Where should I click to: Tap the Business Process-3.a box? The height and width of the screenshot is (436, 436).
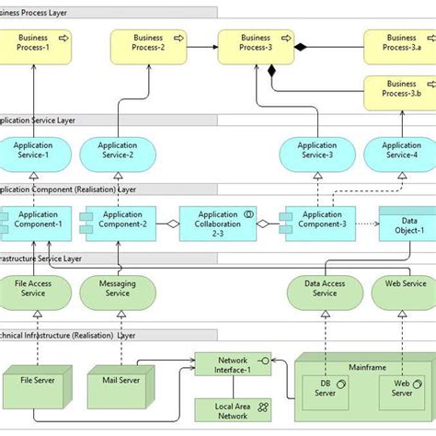(x=401, y=46)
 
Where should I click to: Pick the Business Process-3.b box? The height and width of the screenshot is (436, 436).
(x=401, y=94)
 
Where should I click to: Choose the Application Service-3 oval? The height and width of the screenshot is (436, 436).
(x=316, y=153)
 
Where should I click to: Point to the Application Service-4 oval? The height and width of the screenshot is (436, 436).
(x=401, y=153)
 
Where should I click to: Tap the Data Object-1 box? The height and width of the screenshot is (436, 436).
(x=408, y=224)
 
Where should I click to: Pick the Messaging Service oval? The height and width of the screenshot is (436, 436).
(x=117, y=291)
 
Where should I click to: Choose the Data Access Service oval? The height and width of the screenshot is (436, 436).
(x=325, y=291)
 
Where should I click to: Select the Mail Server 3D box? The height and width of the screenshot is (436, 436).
(x=119, y=384)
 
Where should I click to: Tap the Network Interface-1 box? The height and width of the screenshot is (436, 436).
(x=233, y=364)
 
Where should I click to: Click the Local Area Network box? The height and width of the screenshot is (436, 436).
(x=233, y=410)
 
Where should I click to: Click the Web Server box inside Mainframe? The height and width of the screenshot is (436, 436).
(x=401, y=389)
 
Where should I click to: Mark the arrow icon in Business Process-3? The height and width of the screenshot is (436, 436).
(x=285, y=38)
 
